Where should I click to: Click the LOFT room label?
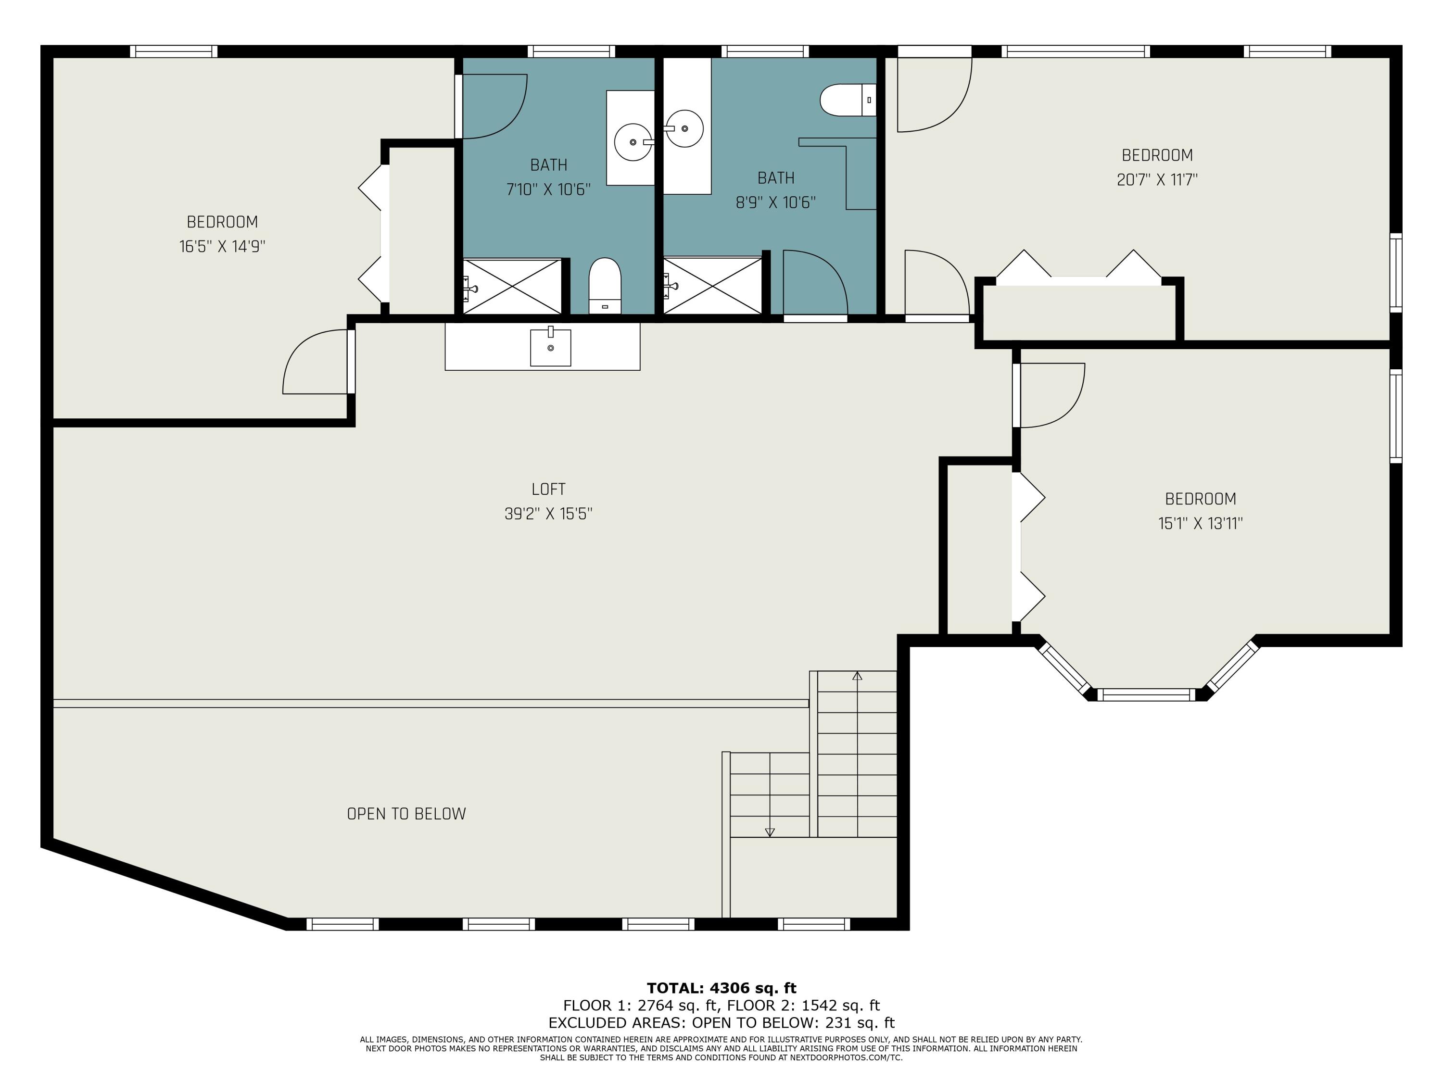coord(548,489)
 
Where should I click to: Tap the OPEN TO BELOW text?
coord(406,814)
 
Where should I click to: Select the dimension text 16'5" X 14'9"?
coord(222,247)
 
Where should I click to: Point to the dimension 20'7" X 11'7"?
coord(1157,180)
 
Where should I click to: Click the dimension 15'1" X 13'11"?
coord(1200,524)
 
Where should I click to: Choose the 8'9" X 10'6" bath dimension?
coord(776,203)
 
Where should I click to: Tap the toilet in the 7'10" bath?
coord(605,286)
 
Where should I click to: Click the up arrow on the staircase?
coord(857,676)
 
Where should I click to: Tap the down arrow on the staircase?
coord(770,832)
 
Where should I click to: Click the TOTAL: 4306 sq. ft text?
coord(721,988)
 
